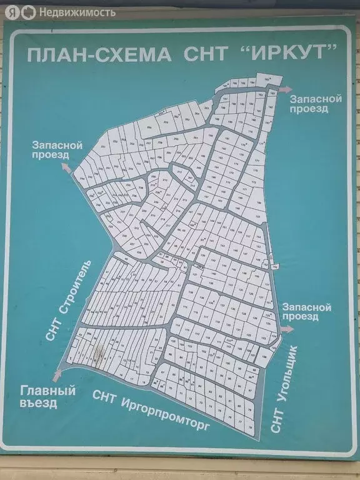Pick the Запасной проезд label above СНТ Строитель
click(57, 150)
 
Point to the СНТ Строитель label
click(68, 299)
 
